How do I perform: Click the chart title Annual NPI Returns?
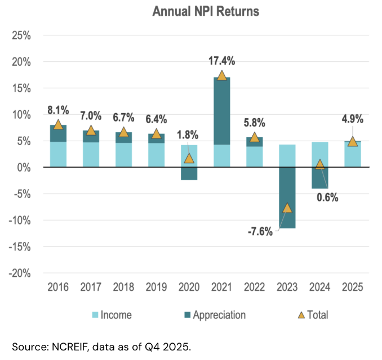coord(205,12)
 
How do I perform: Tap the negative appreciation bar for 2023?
coord(287,197)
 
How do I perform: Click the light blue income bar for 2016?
coord(58,154)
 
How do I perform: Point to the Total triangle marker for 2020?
coord(189,158)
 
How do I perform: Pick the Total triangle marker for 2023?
coord(287,208)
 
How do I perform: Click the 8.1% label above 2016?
coord(58,109)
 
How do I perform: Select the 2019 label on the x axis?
coord(156,287)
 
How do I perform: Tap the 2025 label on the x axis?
coord(352,287)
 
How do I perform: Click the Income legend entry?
coord(116,315)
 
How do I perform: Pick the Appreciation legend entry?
coord(219,315)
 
